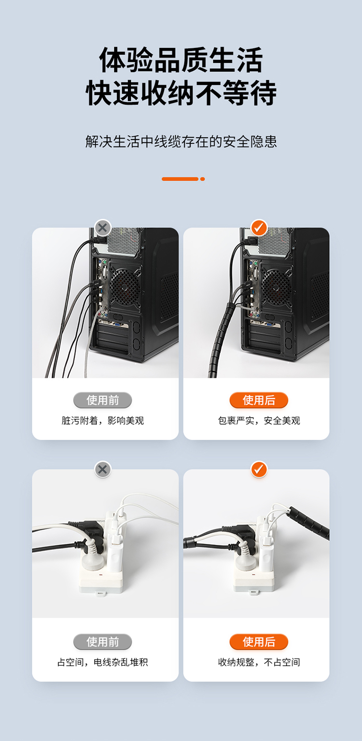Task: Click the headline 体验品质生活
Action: tap(181, 60)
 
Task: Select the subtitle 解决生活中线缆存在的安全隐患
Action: tap(181, 142)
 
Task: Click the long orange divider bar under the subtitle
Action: tap(180, 179)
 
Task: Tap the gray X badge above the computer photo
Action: tap(102, 228)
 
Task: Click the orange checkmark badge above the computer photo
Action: tap(259, 228)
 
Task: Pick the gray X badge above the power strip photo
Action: tap(102, 469)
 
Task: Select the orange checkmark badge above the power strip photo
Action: tap(259, 469)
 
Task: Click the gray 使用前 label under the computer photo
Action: tap(102, 400)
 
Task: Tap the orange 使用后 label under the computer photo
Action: tap(259, 400)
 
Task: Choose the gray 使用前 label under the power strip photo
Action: tap(102, 642)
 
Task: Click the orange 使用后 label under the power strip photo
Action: tap(259, 642)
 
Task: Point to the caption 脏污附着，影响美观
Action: tap(102, 420)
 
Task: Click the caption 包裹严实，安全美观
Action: tap(259, 420)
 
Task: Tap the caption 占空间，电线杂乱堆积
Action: tap(102, 662)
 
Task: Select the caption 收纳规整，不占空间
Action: tap(259, 662)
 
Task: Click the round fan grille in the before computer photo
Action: tap(125, 285)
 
